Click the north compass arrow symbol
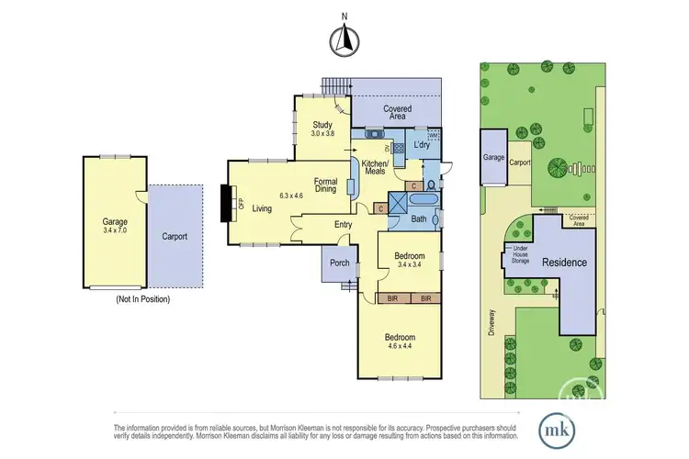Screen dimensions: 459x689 point(344,39)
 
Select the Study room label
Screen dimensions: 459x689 point(322,125)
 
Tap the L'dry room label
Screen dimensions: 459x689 point(423,145)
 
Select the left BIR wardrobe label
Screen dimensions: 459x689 point(391,299)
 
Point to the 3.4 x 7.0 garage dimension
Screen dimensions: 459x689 point(115,231)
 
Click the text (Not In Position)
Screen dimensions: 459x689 point(142,299)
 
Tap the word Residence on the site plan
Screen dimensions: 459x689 point(564,263)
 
